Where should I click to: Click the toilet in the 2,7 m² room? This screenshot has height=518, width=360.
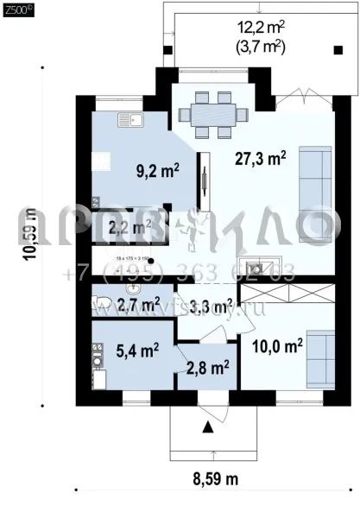[x=104, y=301]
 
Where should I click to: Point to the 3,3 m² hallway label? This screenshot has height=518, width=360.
[x=211, y=304]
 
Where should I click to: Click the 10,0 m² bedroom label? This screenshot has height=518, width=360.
[x=276, y=346]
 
